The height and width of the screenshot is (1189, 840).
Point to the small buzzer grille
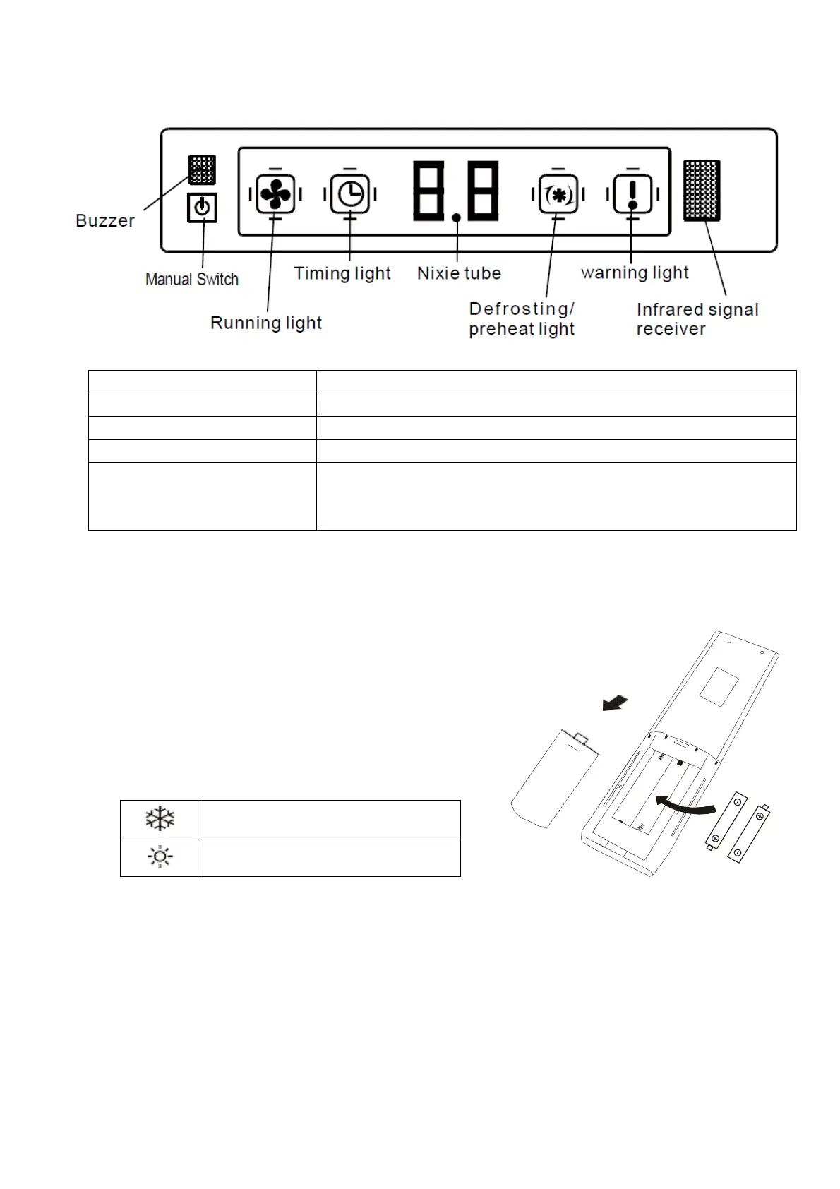pyautogui.click(x=202, y=169)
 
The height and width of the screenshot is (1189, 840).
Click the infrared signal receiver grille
pyautogui.click(x=702, y=191)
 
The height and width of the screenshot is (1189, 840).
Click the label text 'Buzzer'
pyautogui.click(x=105, y=221)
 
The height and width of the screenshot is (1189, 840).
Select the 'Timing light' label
pyautogui.click(x=342, y=273)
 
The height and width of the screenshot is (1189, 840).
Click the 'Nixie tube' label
pyautogui.click(x=459, y=273)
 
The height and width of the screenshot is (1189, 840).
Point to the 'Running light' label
pyautogui.click(x=266, y=323)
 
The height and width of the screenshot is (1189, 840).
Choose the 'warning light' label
pyautogui.click(x=635, y=273)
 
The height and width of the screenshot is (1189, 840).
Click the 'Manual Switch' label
pyautogui.click(x=192, y=280)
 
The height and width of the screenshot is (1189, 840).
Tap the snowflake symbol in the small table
pyautogui.click(x=160, y=819)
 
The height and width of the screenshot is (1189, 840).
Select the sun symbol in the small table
pyautogui.click(x=160, y=857)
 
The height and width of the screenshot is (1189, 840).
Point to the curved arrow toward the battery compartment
pyautogui.click(x=685, y=805)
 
